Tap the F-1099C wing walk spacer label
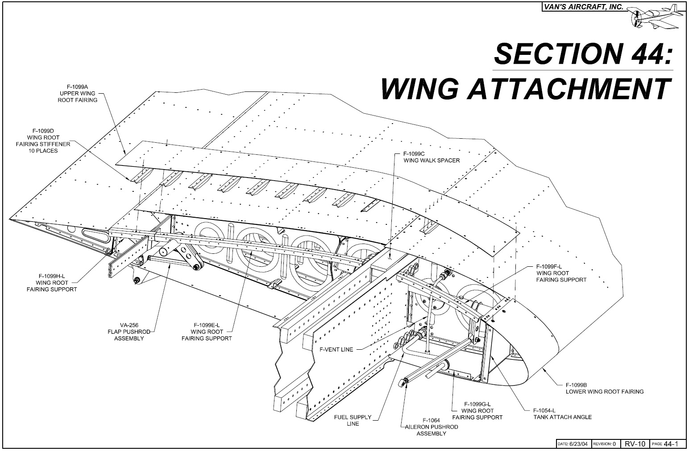tap(431, 157)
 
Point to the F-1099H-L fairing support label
tap(51, 282)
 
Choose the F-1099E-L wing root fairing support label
tap(207, 331)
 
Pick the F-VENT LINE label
tap(336, 349)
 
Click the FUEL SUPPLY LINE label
tap(353, 420)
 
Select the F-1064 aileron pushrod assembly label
tap(431, 427)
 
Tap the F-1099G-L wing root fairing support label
tap(477, 410)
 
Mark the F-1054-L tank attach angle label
tap(562, 414)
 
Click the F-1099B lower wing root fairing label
tap(604, 388)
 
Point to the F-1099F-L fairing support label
tap(561, 273)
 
